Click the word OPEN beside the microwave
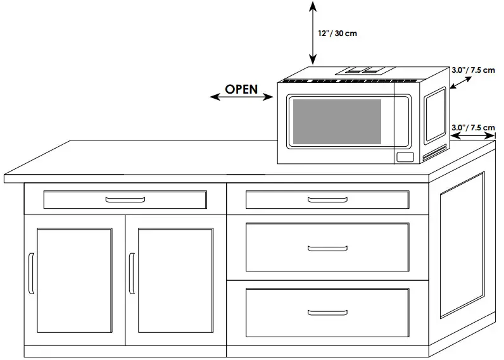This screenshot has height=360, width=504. coord(241,89)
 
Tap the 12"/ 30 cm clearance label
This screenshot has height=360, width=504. coord(337,33)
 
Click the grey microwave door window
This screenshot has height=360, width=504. coord(336,121)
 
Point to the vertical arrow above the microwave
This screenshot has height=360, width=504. coord(312,32)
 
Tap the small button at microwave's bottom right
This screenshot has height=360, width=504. coord(404,157)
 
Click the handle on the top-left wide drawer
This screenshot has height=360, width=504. coord(125,200)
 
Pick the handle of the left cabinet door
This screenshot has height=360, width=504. coord(30,273)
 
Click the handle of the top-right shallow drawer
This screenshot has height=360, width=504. coord(327,200)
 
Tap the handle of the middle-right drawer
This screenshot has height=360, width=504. coord(327,247)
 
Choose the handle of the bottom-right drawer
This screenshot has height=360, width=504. coord(327,313)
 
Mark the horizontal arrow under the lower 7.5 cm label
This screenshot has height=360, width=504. coord(473,135)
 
